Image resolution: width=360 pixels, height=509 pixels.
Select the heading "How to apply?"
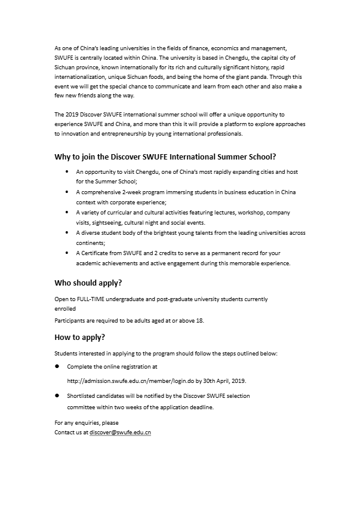[x=79, y=338]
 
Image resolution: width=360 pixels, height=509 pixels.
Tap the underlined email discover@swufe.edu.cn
[x=120, y=431]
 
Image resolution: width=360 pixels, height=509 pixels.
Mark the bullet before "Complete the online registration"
[x=57, y=366]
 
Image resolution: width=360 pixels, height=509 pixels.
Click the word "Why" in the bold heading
[x=63, y=157]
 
